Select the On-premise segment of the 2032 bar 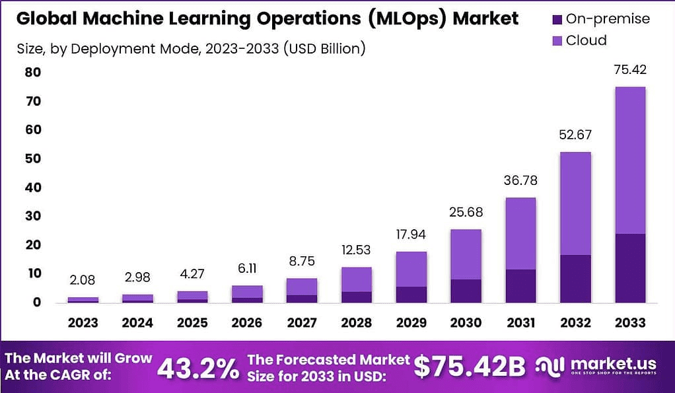click(x=575, y=278)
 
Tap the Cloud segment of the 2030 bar click(x=466, y=254)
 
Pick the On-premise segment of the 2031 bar click(x=520, y=285)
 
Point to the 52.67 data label click(x=575, y=136)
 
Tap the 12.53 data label click(x=356, y=252)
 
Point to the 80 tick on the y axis click(x=34, y=72)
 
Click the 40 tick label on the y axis click(x=34, y=188)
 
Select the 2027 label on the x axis click(x=301, y=323)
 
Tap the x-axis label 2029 click(x=411, y=323)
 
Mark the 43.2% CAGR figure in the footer click(x=198, y=367)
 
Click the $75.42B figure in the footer click(x=470, y=367)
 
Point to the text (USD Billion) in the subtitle click(x=323, y=48)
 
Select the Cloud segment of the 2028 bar click(x=356, y=279)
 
